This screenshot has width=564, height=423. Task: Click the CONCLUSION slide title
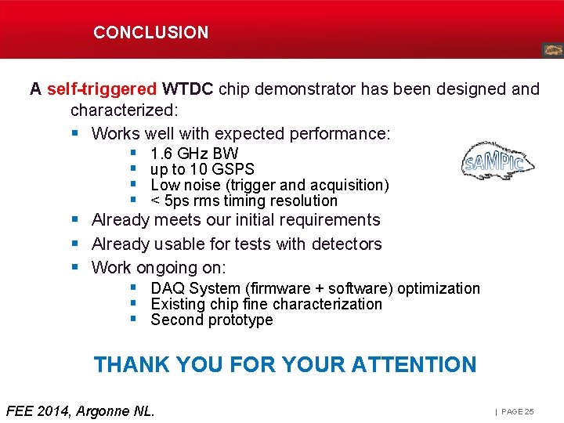coord(151,33)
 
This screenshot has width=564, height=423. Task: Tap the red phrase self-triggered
coord(102,89)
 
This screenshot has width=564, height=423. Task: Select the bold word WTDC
coord(187,89)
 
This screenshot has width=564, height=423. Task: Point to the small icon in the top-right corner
coord(551,50)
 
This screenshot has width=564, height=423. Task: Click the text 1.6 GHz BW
coord(194,154)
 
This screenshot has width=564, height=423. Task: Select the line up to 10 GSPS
coord(202,169)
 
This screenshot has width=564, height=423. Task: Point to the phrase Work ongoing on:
coord(158,268)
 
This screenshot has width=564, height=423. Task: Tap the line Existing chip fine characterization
coord(266,304)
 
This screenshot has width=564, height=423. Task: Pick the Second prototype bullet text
coord(211,320)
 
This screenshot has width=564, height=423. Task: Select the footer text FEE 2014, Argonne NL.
coord(80,410)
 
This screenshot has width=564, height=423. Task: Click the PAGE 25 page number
coord(518,411)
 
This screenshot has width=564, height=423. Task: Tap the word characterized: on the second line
coord(125,110)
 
